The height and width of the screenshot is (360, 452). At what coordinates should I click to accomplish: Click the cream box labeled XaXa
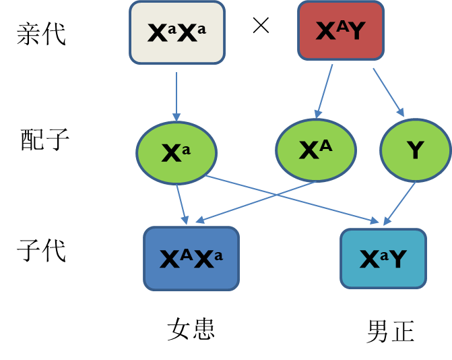tap(177, 32)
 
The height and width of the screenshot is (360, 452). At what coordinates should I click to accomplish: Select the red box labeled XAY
tap(341, 30)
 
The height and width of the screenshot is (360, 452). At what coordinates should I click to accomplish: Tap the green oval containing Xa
tap(176, 153)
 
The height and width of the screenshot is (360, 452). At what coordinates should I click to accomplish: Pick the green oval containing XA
tap(315, 150)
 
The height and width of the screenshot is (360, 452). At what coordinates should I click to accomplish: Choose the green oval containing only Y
tap(415, 150)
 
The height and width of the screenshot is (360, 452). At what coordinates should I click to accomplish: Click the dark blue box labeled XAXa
tap(191, 258)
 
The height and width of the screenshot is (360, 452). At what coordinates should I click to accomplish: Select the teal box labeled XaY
tap(383, 258)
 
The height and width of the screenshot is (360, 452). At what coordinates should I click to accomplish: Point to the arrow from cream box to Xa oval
tap(176, 94)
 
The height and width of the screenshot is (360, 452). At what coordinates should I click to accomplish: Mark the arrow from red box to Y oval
tap(388, 92)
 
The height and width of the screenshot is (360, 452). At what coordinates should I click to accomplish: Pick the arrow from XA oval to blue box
tap(256, 200)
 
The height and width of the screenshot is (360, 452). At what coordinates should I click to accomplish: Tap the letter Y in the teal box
tap(397, 259)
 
